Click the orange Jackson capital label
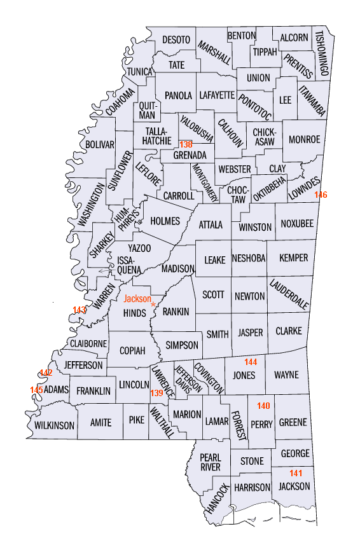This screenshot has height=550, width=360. tap(137, 298)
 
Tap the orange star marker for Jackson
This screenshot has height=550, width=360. tap(153, 305)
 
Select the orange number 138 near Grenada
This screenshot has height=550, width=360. tap(185, 144)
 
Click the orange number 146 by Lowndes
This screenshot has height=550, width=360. tap(321, 195)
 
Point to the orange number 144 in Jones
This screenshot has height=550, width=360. tap(251, 362)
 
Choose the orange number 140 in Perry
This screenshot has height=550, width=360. tap(263, 406)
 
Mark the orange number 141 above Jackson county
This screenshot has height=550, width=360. tap(296, 473)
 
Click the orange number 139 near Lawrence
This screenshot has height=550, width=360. tap(156, 393)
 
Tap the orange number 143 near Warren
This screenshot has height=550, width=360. tap(79, 310)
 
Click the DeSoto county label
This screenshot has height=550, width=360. tap(176, 39)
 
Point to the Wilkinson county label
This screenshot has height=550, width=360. tap(55, 425)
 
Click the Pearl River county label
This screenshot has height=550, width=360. tap(210, 462)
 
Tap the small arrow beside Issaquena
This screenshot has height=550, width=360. tap(104, 271)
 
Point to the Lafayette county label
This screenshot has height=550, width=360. tap(216, 95)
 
